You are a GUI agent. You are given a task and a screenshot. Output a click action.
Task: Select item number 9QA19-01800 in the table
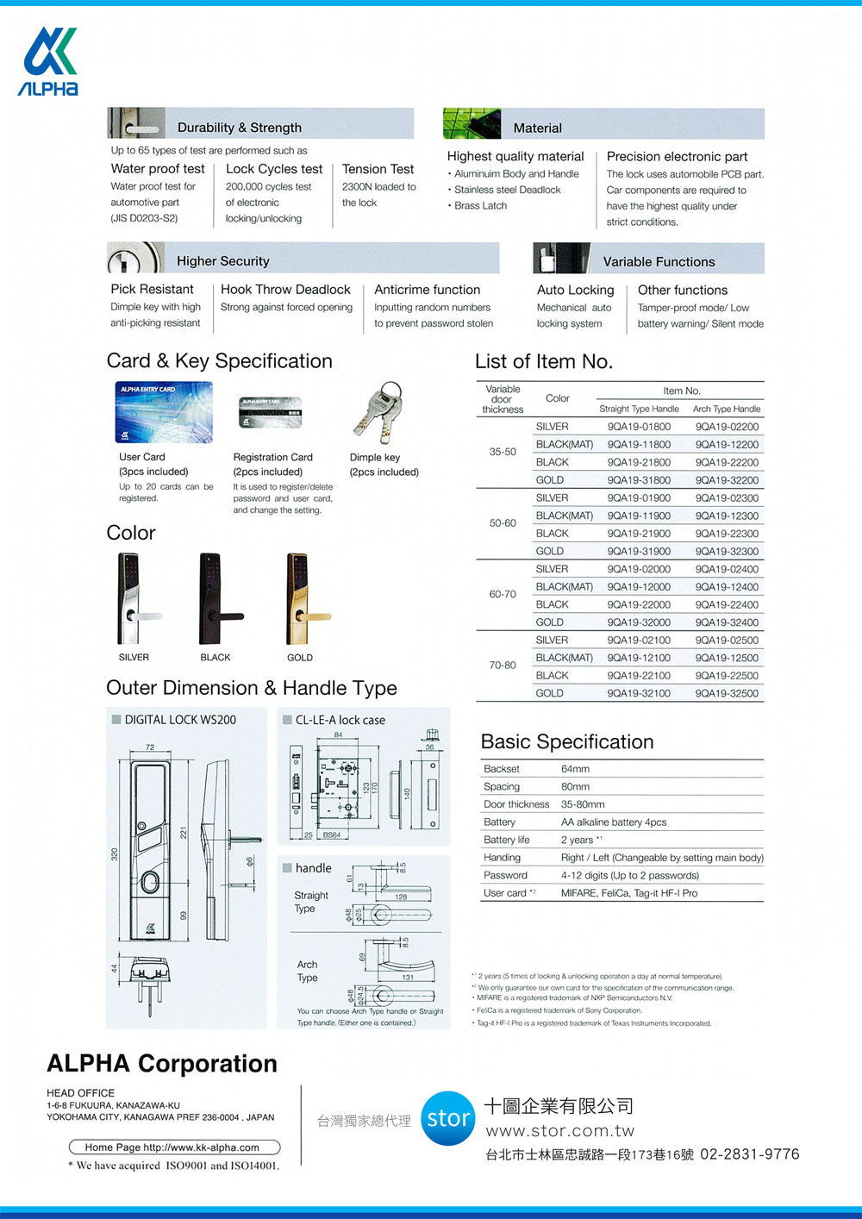(639, 427)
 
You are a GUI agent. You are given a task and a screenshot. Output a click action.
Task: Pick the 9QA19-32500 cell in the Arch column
(727, 693)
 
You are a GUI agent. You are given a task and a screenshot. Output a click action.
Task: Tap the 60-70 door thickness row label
(503, 595)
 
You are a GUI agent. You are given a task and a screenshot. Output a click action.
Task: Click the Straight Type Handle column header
(639, 409)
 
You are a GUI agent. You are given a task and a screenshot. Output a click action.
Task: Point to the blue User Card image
(164, 413)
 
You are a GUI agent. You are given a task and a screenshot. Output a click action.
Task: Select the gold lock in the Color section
(302, 599)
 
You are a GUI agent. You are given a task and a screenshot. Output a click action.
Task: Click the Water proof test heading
(158, 169)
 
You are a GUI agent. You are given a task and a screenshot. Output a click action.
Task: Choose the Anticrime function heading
(427, 290)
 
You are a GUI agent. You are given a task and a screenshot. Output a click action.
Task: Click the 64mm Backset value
(575, 769)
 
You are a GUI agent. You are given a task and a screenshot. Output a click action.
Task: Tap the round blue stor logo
(448, 1118)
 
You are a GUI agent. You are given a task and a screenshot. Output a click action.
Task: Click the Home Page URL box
(174, 1147)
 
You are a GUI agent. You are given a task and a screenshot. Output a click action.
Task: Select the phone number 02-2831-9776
(749, 1154)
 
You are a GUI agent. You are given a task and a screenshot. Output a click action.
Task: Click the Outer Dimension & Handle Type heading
(252, 688)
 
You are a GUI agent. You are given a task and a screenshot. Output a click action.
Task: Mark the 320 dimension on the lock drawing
(114, 854)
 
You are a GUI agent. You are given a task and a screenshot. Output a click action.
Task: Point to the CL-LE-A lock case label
(340, 720)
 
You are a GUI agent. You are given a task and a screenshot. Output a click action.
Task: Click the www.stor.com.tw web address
(560, 1131)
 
